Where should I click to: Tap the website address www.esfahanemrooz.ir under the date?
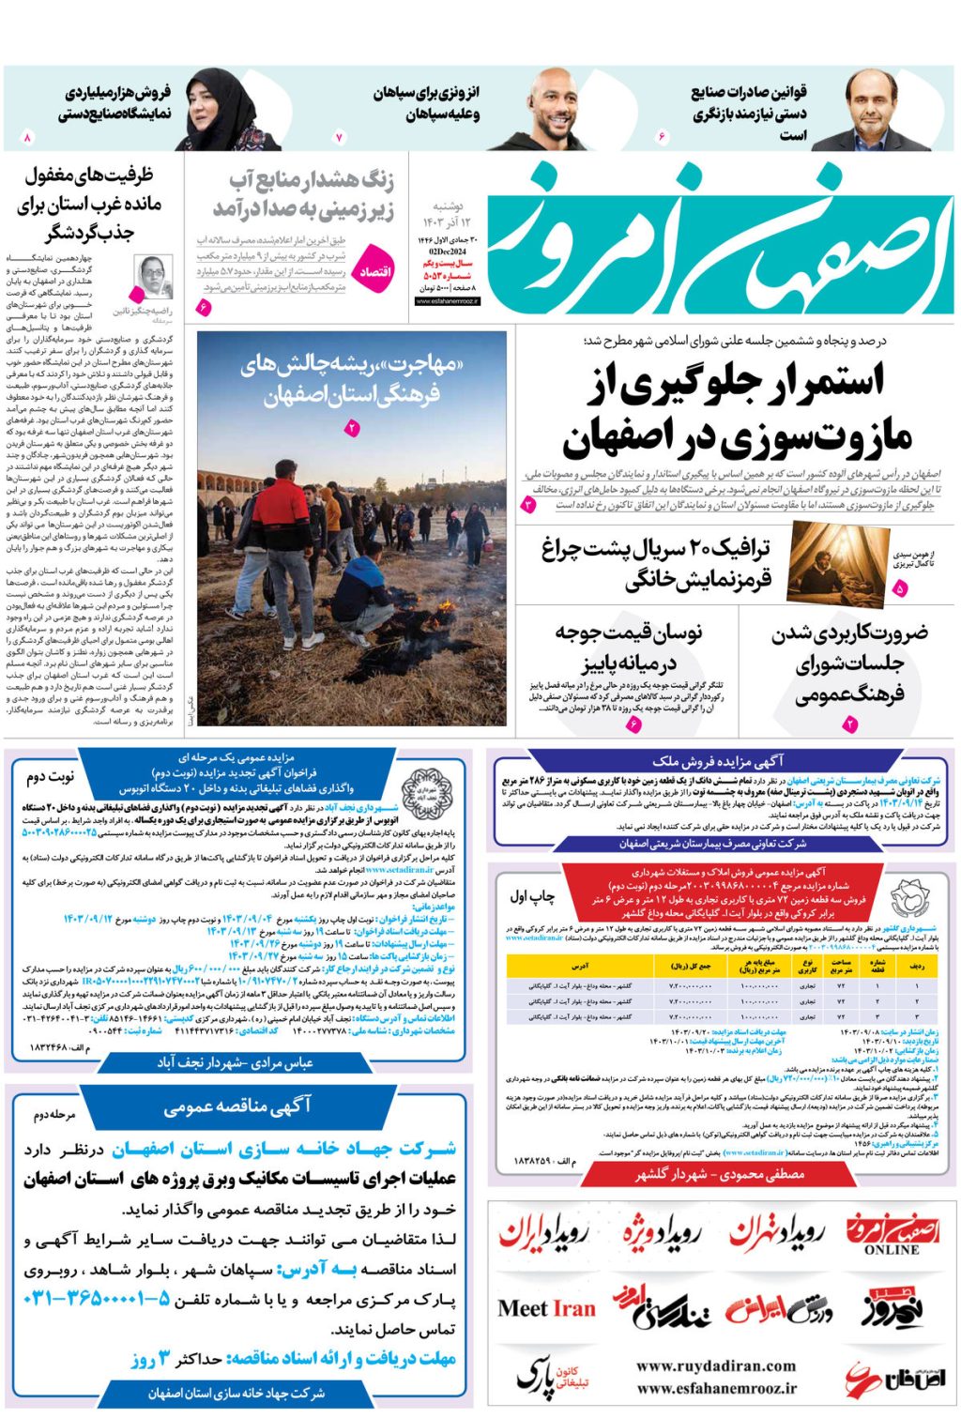[x=447, y=301]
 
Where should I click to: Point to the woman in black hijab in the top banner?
[x=222, y=110]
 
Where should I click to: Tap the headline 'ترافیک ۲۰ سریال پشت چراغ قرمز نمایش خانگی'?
[x=656, y=564]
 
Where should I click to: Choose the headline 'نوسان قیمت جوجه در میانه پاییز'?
[x=628, y=648]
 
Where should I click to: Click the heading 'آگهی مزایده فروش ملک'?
[x=718, y=761]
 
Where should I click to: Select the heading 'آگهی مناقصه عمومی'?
[x=236, y=1106]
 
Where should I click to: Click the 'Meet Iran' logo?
[x=546, y=1308]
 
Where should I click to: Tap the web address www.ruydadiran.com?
[x=716, y=1365]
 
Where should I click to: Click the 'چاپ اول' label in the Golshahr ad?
[x=531, y=896]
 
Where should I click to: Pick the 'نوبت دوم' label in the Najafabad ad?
[x=49, y=777]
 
